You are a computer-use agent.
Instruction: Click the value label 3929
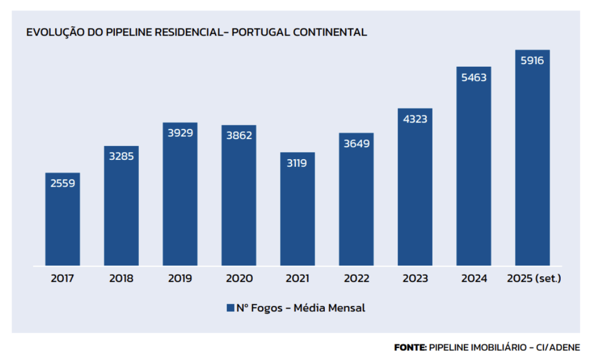(180, 132)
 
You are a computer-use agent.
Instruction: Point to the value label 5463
(474, 77)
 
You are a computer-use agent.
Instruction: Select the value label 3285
(121, 156)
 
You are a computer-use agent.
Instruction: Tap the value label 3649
(356, 143)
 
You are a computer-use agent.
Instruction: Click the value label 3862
(239, 135)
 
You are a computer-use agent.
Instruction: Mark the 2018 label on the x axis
(121, 278)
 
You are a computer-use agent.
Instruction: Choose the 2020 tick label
(239, 278)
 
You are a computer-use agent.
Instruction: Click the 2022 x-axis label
(356, 278)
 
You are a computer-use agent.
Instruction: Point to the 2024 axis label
(474, 278)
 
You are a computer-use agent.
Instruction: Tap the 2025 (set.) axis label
(534, 278)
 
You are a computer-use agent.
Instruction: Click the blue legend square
(230, 308)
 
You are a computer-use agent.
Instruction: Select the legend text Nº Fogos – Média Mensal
(300, 308)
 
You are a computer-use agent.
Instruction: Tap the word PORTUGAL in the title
(260, 32)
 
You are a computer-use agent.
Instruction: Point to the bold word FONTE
(410, 347)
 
